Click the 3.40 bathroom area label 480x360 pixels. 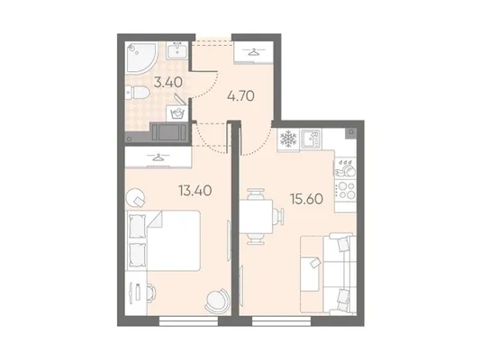tap(168, 82)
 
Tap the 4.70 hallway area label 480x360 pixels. tap(240, 96)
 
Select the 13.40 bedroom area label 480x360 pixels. tap(195, 191)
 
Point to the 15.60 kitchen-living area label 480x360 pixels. tap(307, 199)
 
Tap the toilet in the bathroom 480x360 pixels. tap(137, 93)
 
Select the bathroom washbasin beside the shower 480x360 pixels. tap(177, 50)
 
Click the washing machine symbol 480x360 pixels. tap(177, 113)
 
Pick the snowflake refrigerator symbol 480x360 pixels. tap(288, 139)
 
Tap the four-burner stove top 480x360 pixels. tap(346, 190)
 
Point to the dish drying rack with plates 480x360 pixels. tap(345, 168)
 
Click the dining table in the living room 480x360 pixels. tap(256, 217)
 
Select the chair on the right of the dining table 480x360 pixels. tap(279, 216)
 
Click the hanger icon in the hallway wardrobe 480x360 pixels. tap(253, 52)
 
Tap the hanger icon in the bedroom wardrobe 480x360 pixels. tap(158, 157)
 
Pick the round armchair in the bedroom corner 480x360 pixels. tap(217, 301)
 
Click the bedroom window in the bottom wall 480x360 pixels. tap(188, 320)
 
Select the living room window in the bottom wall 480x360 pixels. tap(281, 320)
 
